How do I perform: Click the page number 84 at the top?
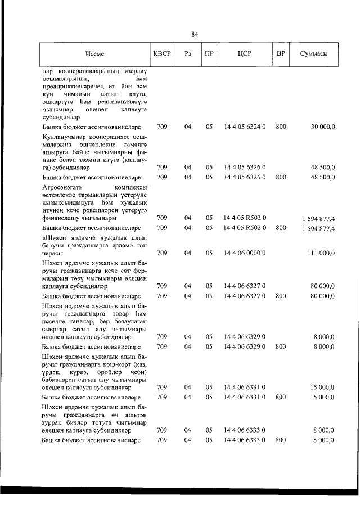coord(195,34)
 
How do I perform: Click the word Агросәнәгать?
coord(64,187)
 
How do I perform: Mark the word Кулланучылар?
coord(64,137)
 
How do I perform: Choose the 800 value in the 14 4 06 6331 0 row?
coord(281,397)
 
